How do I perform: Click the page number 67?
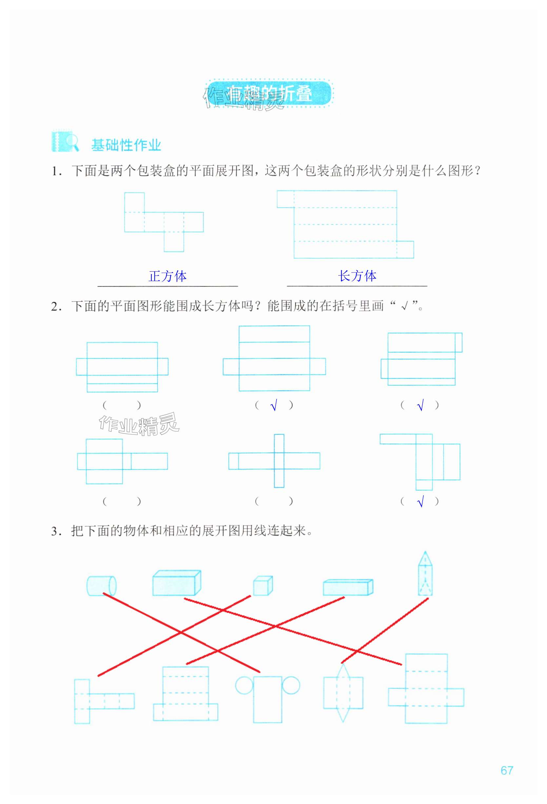click(506, 770)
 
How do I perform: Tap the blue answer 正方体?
click(167, 276)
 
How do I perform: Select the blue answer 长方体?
click(357, 276)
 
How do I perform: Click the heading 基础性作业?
click(126, 145)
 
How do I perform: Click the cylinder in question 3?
click(101, 585)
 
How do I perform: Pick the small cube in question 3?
click(263, 586)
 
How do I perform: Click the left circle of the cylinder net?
click(244, 685)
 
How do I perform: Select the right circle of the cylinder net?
click(291, 685)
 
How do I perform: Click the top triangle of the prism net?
click(343, 672)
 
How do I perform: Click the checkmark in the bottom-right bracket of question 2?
click(420, 502)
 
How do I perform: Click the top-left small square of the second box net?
click(285, 199)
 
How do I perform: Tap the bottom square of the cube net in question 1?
click(174, 242)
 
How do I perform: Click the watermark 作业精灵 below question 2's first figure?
click(139, 424)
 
